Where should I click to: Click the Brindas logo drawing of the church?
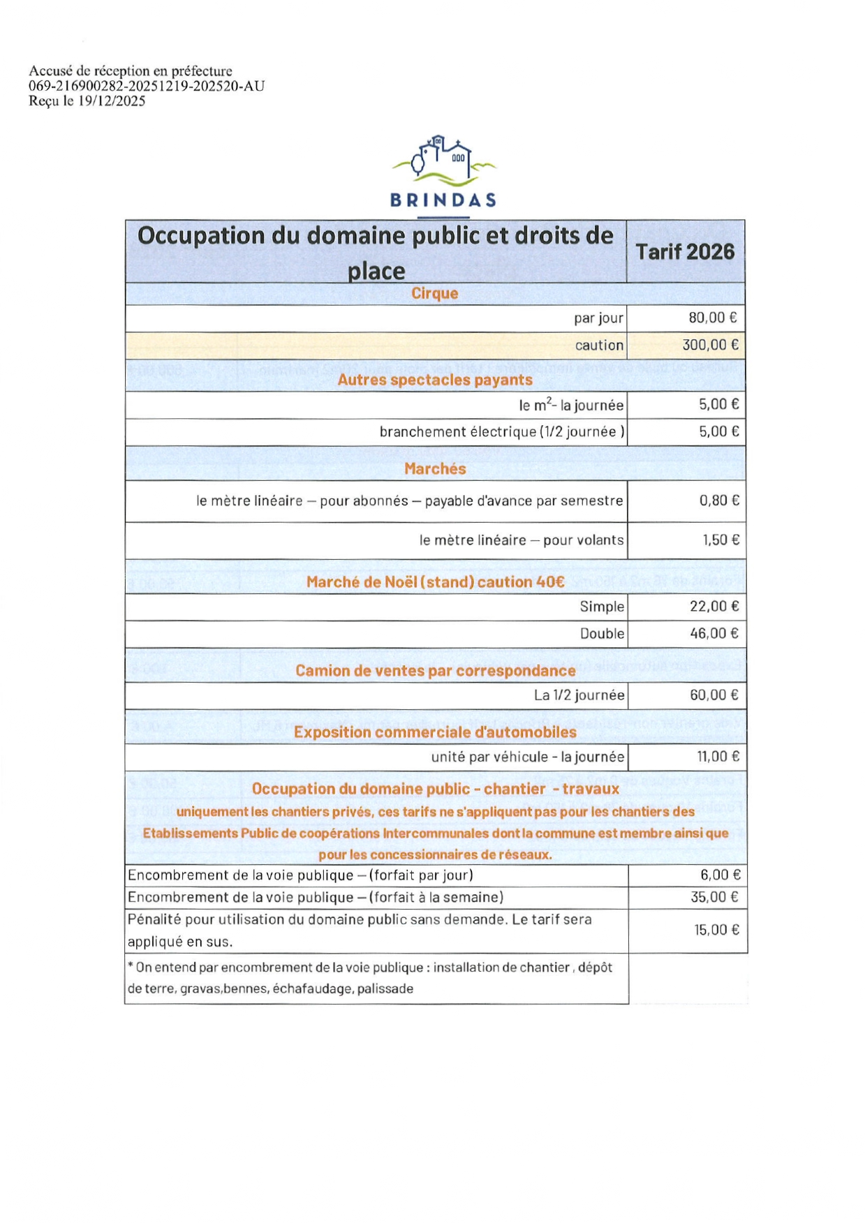click(x=444, y=159)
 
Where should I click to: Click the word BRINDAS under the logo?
click(x=443, y=200)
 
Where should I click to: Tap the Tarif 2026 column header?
click(x=685, y=251)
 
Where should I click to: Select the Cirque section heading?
click(x=434, y=293)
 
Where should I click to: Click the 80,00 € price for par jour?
click(x=713, y=318)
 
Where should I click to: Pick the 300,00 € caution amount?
click(x=710, y=345)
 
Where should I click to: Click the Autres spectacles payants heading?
click(x=434, y=380)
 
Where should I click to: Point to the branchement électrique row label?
click(x=501, y=432)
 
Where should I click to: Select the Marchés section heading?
click(x=434, y=469)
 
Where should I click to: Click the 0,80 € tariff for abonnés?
click(x=719, y=501)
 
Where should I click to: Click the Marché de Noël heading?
click(x=434, y=582)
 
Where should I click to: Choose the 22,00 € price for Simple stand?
click(x=714, y=606)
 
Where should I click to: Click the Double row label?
click(x=602, y=634)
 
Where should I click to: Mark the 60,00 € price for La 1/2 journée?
click(x=714, y=695)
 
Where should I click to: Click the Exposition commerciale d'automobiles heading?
click(x=434, y=732)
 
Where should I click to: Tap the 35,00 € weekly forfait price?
click(x=714, y=897)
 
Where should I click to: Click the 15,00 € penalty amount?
click(x=716, y=930)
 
